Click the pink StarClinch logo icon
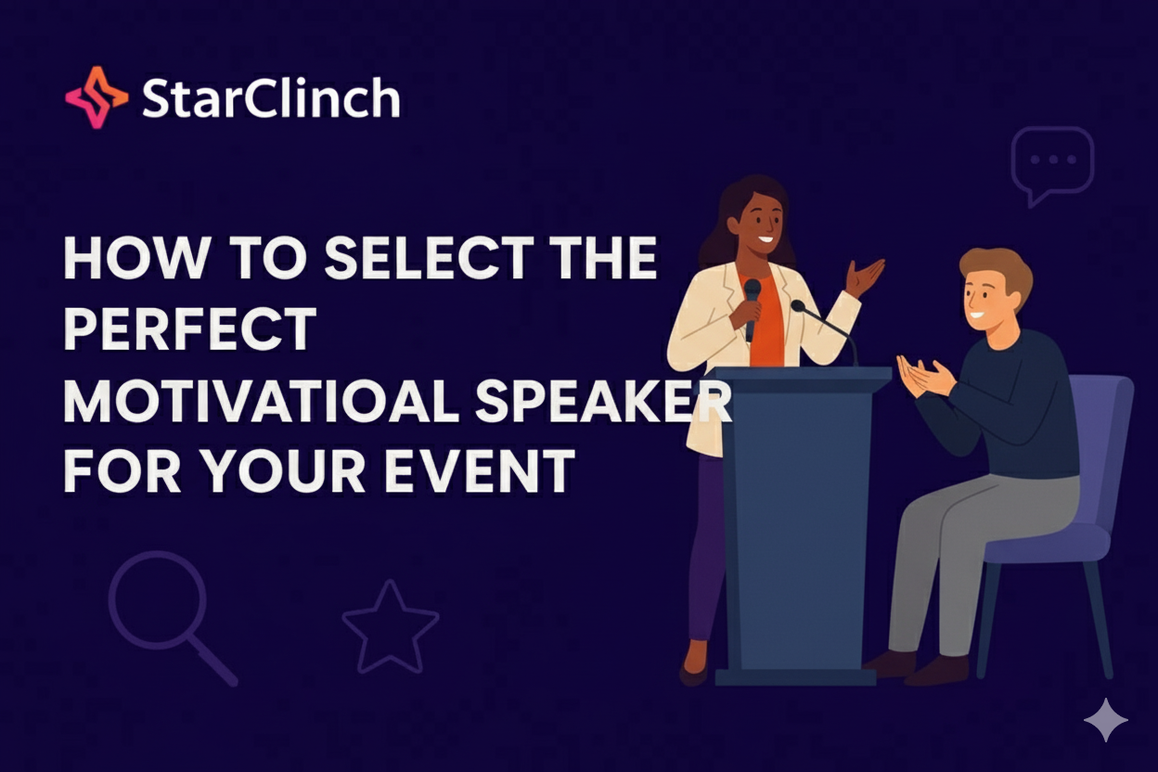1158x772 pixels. (96, 96)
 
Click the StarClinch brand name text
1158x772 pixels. (271, 97)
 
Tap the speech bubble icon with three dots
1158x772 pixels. (1051, 163)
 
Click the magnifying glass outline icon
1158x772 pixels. (163, 611)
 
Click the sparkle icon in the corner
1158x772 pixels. (1106, 721)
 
